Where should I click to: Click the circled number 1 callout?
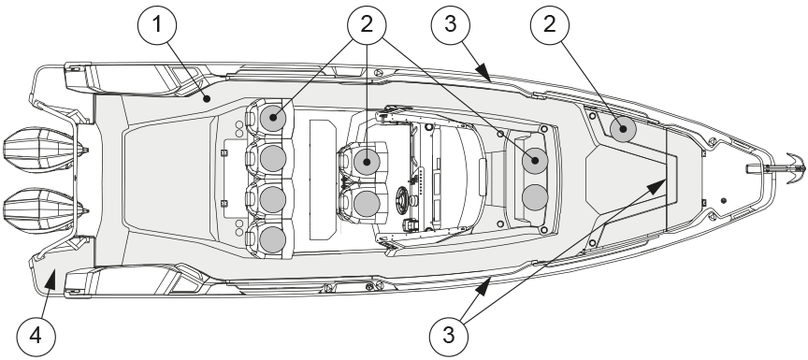coord(157,24)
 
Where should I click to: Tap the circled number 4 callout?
coord(36,337)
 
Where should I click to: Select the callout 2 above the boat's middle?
coord(367,24)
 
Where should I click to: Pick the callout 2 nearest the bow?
coord(550,24)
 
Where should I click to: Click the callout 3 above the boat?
coord(451,24)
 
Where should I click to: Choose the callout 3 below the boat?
coord(449,336)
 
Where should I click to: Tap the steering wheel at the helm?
coord(404,198)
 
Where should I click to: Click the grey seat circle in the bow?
coord(623,129)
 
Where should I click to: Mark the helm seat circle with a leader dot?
coord(367,162)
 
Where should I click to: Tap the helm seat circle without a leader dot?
coord(367,202)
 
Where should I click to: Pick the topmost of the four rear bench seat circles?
coord(273,119)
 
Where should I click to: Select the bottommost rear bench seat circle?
coord(273,239)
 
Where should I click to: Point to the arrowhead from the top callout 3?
coord(483,73)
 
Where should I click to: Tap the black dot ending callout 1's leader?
coord(207,99)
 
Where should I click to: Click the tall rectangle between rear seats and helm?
coord(323,180)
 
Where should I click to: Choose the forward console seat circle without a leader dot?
coord(535,197)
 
